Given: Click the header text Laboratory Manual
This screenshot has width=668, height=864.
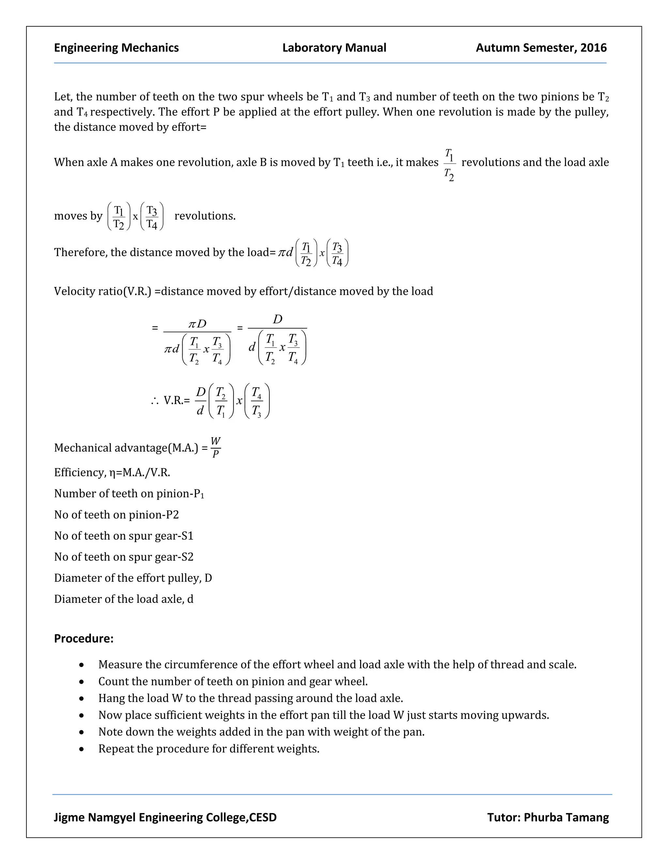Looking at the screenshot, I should (x=334, y=48).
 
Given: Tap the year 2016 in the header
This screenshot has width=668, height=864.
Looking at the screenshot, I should (x=593, y=48).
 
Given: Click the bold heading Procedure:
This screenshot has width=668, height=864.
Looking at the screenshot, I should (x=83, y=638).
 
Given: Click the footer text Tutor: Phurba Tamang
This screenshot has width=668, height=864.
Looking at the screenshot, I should (x=548, y=817).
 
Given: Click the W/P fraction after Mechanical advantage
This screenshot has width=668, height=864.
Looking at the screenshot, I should (x=216, y=447).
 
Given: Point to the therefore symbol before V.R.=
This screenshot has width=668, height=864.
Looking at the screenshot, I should (x=155, y=401).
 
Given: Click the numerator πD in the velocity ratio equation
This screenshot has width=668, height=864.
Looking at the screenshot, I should (x=197, y=324).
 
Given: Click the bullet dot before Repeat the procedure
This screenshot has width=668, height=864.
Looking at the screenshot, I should (x=82, y=749).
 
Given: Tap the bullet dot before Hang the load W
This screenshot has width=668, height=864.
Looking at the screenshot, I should (x=82, y=699).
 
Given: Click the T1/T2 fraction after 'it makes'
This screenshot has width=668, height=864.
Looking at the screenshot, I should (x=449, y=165).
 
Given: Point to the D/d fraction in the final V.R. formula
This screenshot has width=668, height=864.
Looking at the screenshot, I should (x=201, y=401).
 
